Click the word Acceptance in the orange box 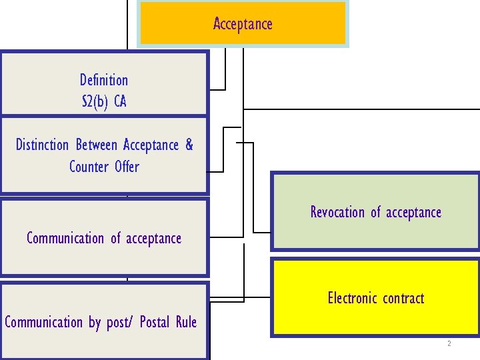[x=243, y=24]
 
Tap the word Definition [x=104, y=80]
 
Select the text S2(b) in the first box [x=94, y=102]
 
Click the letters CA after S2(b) [x=120, y=102]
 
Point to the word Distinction [x=43, y=145]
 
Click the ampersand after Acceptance [x=189, y=145]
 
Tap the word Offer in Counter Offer [x=127, y=166]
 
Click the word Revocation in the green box [x=337, y=212]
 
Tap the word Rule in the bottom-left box [x=186, y=323]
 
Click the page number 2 [x=449, y=344]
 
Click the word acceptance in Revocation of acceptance [x=413, y=212]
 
